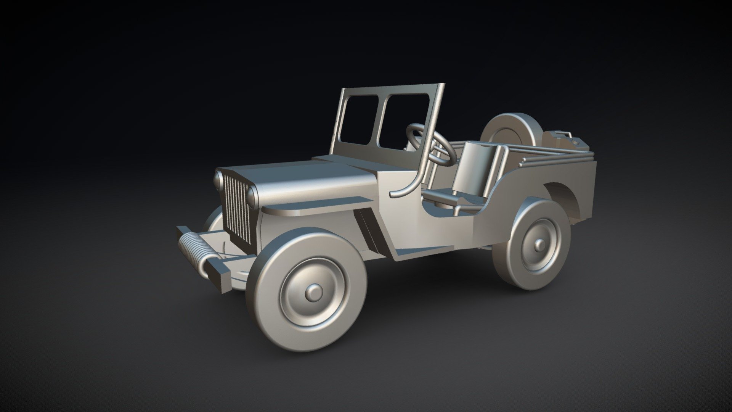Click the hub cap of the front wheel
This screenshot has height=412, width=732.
[x=314, y=292]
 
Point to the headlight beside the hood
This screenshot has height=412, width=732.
[x=252, y=195]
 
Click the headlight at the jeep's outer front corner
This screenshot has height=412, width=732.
[x=218, y=180]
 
